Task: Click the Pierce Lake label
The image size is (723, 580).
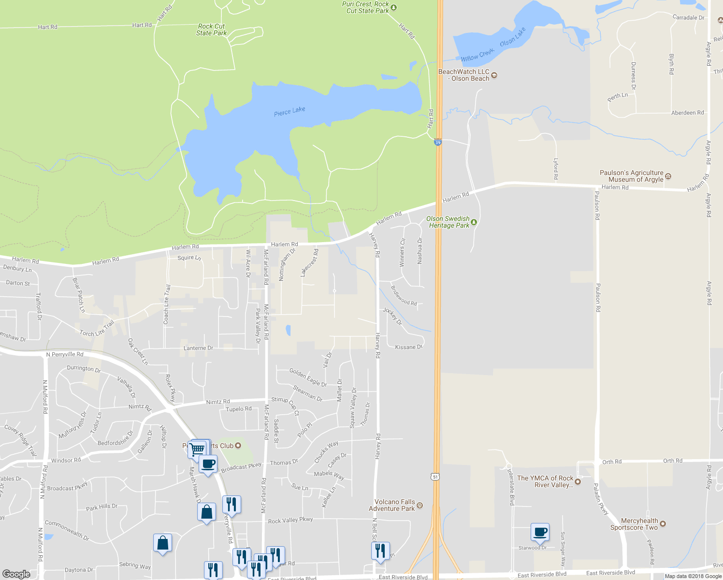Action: (289, 111)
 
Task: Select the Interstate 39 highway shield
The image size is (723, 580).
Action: (438, 143)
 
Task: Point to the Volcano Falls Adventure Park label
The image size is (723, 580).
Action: (391, 505)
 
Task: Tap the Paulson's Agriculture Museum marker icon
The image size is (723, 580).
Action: (668, 176)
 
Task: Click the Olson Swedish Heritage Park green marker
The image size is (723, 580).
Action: (474, 222)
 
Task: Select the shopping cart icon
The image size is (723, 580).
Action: (197, 449)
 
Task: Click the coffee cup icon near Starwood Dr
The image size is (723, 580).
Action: (540, 532)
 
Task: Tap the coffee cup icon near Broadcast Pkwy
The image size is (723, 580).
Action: (208, 464)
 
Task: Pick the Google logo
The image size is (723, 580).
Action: (16, 574)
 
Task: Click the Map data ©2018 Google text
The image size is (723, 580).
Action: (693, 576)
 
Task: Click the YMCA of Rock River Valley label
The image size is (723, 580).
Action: (545, 481)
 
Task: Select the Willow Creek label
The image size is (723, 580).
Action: (477, 55)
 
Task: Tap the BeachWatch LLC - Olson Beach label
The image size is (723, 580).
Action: (464, 75)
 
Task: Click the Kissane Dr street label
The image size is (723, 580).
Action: (408, 347)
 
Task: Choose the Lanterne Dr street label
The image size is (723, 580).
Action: (198, 348)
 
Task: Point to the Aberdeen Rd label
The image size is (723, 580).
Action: (687, 113)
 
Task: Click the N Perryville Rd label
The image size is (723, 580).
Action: (65, 354)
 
